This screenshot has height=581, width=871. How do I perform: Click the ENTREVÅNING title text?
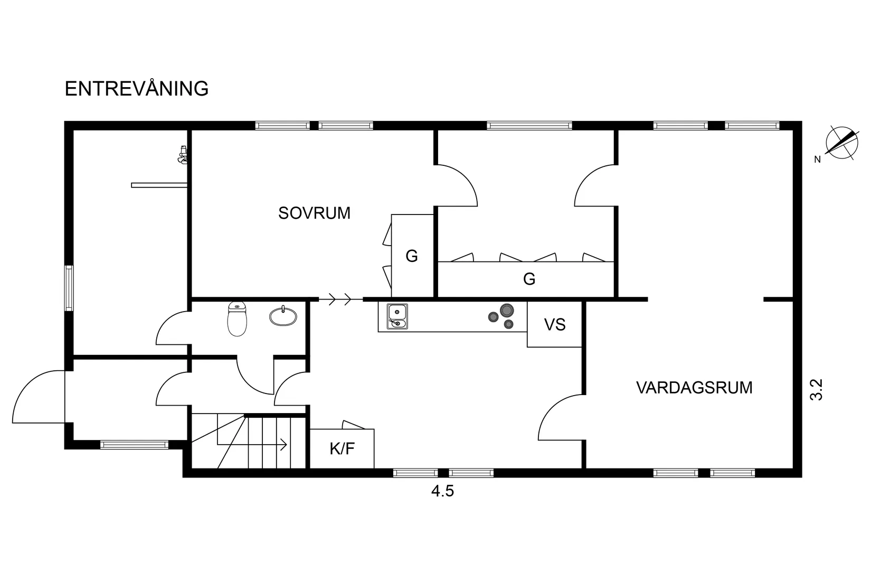[x=136, y=89]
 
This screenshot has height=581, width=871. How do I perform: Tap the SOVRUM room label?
[x=314, y=213]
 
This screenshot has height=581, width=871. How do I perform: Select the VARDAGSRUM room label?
[x=694, y=388]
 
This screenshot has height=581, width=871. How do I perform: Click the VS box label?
[x=554, y=324]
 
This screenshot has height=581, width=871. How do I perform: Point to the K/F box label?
[x=342, y=449]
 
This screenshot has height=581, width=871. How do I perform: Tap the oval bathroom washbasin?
[x=283, y=316]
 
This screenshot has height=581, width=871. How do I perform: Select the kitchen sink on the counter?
[x=397, y=316]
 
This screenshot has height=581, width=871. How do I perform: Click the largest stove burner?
[x=507, y=310]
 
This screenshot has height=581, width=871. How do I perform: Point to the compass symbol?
[x=840, y=143]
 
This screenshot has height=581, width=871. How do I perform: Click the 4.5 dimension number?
[x=442, y=492]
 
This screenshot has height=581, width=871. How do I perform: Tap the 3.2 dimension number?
[x=817, y=390]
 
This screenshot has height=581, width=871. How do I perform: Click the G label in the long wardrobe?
[x=529, y=279]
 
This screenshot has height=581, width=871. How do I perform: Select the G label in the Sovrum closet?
[x=412, y=256]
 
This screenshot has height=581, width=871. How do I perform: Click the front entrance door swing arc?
[x=32, y=391]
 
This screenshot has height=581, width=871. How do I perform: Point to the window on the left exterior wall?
[x=69, y=288]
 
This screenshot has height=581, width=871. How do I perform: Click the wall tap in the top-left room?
[x=183, y=155]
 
